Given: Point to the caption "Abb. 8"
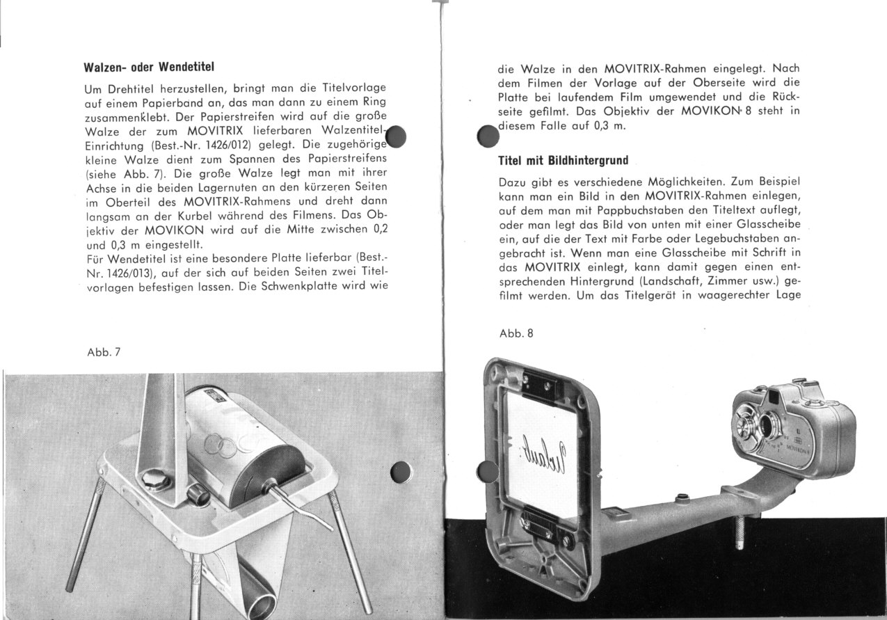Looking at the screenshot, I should click(516, 333).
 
